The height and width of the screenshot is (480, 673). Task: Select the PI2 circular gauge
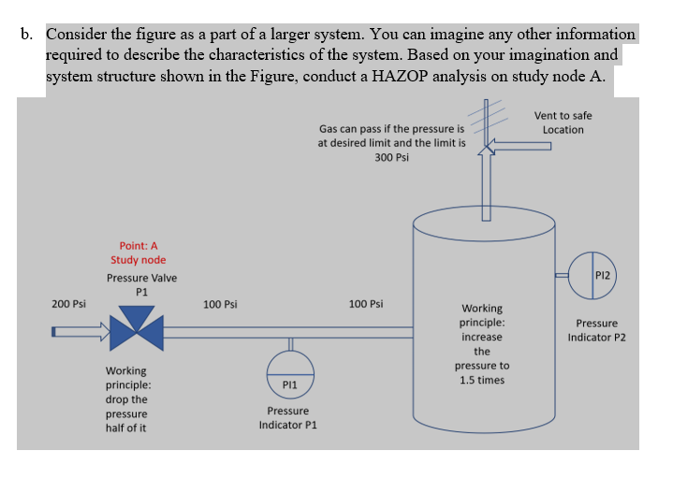pos(593,275)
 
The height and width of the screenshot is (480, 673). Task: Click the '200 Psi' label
pos(68,304)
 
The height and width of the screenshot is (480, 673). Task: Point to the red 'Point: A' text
pos(138,245)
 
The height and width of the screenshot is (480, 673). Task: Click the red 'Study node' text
pos(138,260)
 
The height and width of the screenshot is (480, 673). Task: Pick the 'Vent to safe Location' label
pos(563,123)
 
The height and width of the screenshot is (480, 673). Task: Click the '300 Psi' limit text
pos(391,157)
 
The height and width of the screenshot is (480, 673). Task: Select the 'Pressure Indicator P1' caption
pos(289,418)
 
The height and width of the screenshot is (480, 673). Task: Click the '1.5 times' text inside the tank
pos(482,380)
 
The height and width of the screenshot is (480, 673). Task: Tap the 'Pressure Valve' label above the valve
pos(141,278)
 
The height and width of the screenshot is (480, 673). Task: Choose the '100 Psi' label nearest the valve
pos(220,304)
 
